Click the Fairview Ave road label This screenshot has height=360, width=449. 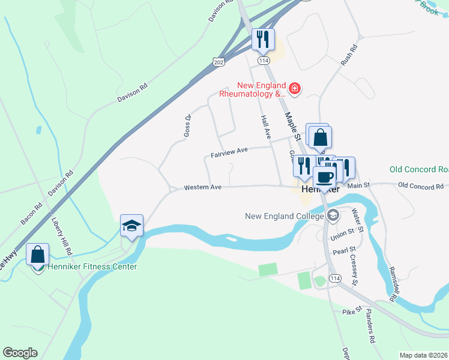(x=229, y=154)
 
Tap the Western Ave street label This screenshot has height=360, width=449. (x=203, y=187)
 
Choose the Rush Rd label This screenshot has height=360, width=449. (x=349, y=55)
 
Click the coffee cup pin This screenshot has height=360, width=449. (x=325, y=177)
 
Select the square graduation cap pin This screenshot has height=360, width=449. (x=132, y=226)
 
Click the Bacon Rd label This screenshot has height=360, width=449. (x=31, y=214)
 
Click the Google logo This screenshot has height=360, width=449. (x=20, y=353)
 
